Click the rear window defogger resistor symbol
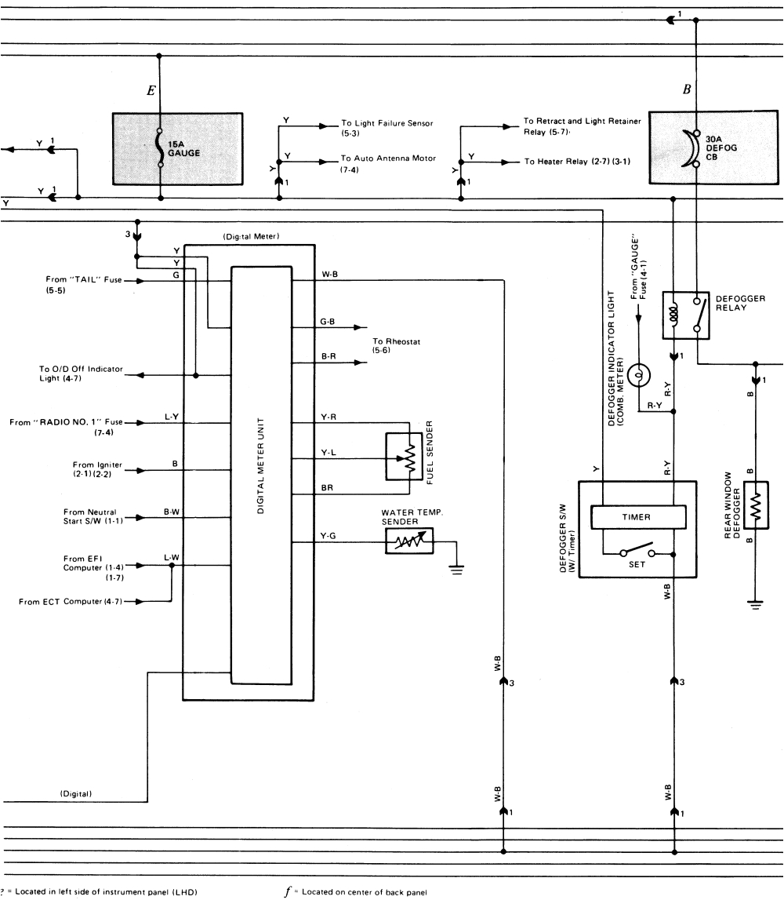point(755,509)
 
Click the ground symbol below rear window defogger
point(755,603)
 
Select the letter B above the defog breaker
point(687,89)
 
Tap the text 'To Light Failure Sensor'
point(387,123)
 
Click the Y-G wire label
point(328,537)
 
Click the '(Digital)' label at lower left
point(77,794)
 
